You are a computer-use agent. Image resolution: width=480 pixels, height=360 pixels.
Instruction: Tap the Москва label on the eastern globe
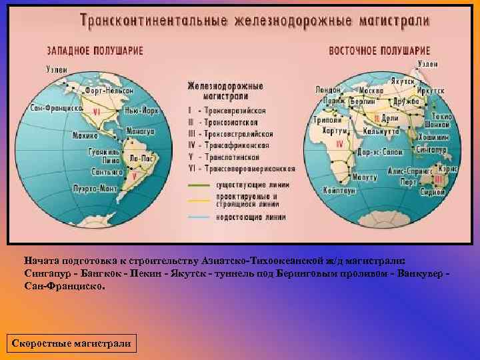click(x=371, y=91)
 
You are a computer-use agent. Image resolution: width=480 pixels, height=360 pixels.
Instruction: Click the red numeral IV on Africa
click(x=340, y=143)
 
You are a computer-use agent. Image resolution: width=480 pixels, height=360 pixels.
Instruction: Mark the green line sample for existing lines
click(x=199, y=186)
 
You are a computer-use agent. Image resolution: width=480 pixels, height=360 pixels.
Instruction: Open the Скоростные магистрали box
click(x=70, y=344)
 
